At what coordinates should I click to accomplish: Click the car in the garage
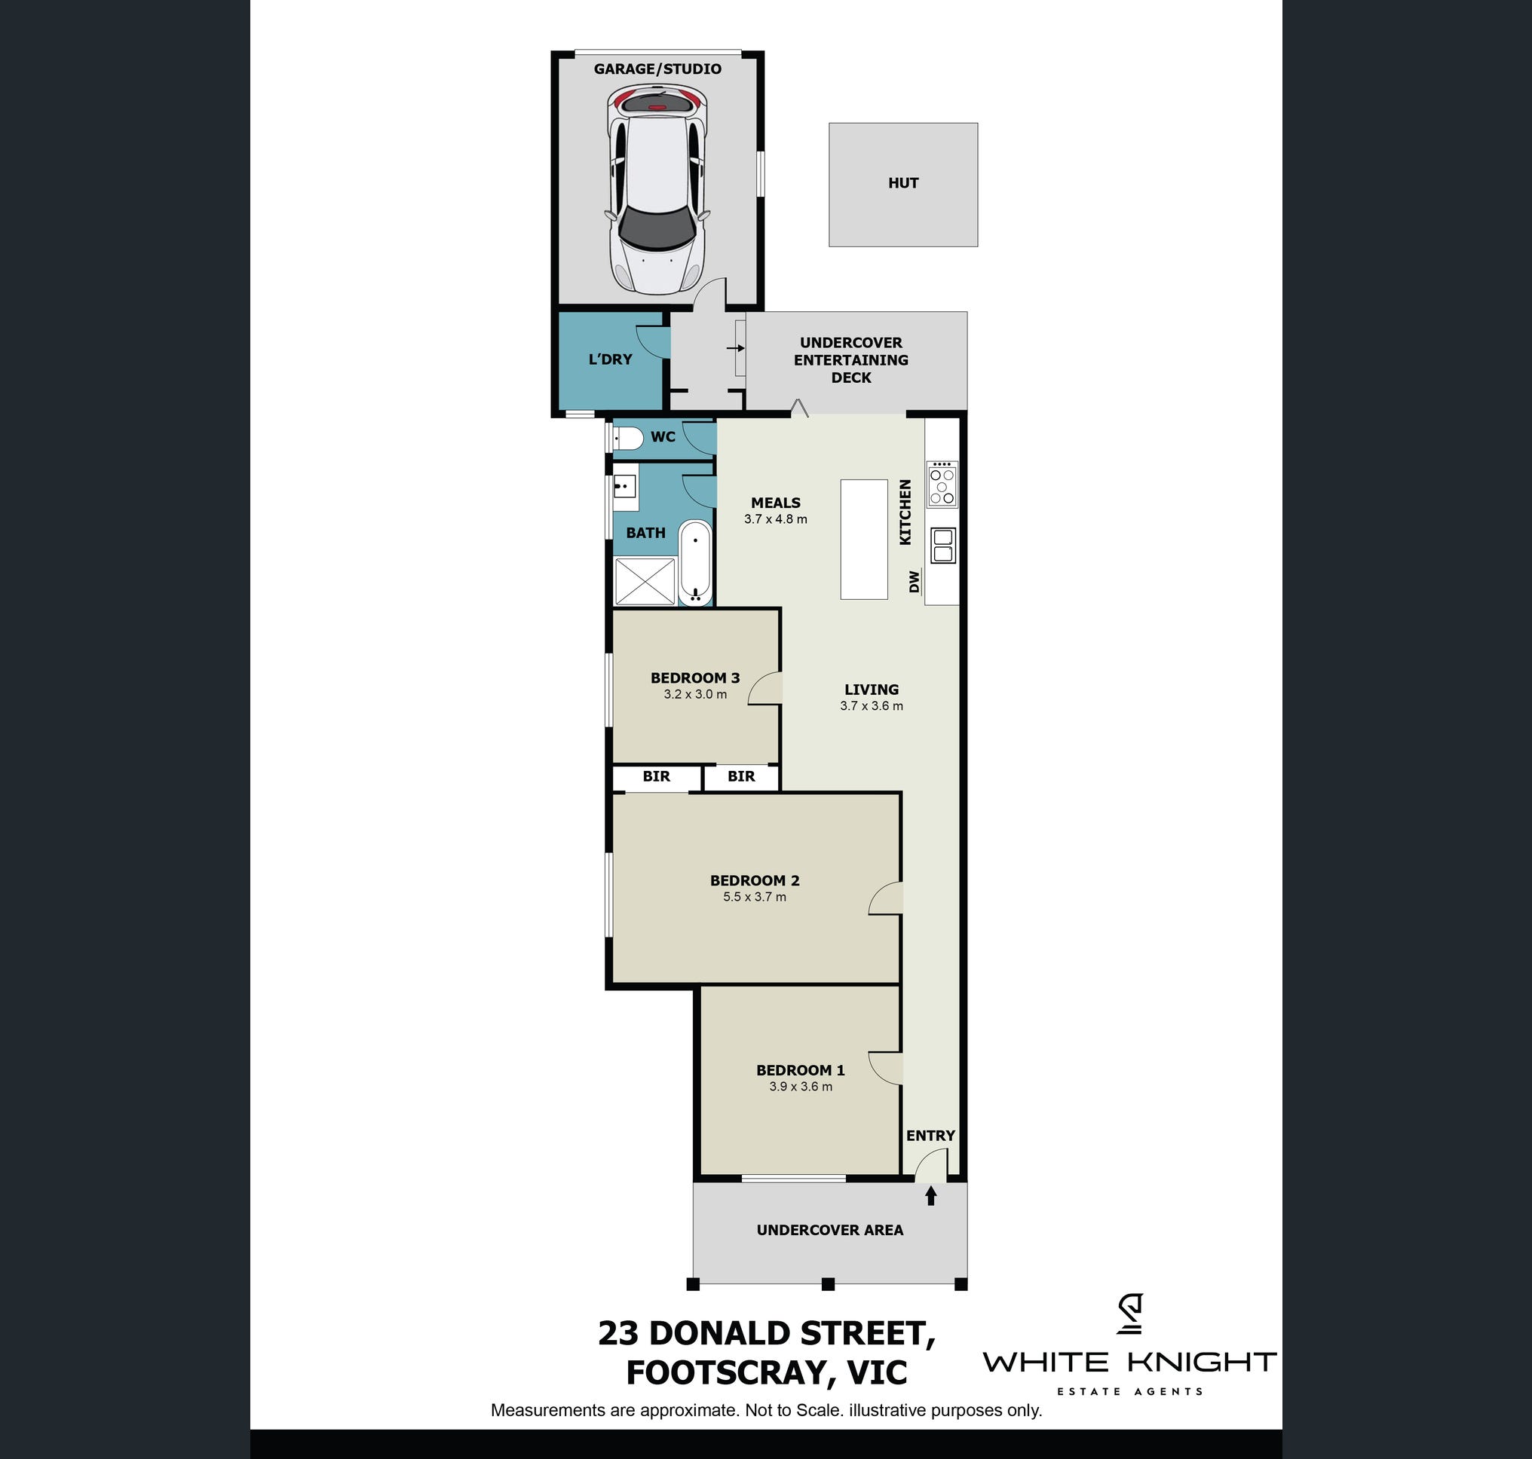tap(657, 189)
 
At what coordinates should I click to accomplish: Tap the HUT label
tap(903, 184)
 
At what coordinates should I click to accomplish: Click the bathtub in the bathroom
tap(696, 563)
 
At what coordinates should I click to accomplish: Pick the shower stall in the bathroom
tap(645, 580)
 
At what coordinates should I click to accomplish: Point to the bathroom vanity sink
tap(624, 488)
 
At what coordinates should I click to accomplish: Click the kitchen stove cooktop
tap(942, 485)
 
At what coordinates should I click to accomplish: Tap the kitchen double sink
tap(943, 544)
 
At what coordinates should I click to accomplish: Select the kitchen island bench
tap(864, 539)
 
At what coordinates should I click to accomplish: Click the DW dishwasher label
tap(915, 581)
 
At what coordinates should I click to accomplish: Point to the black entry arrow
tap(930, 1195)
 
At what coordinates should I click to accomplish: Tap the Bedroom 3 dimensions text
tap(696, 695)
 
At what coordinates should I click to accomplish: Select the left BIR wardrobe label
tap(656, 776)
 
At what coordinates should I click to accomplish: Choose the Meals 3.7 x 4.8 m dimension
tap(776, 518)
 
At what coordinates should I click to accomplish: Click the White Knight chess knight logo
tap(1129, 1314)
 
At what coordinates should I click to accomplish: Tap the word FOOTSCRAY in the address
tap(720, 1372)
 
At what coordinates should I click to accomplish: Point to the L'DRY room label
tap(610, 359)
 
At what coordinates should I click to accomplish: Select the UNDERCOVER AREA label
tap(830, 1230)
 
